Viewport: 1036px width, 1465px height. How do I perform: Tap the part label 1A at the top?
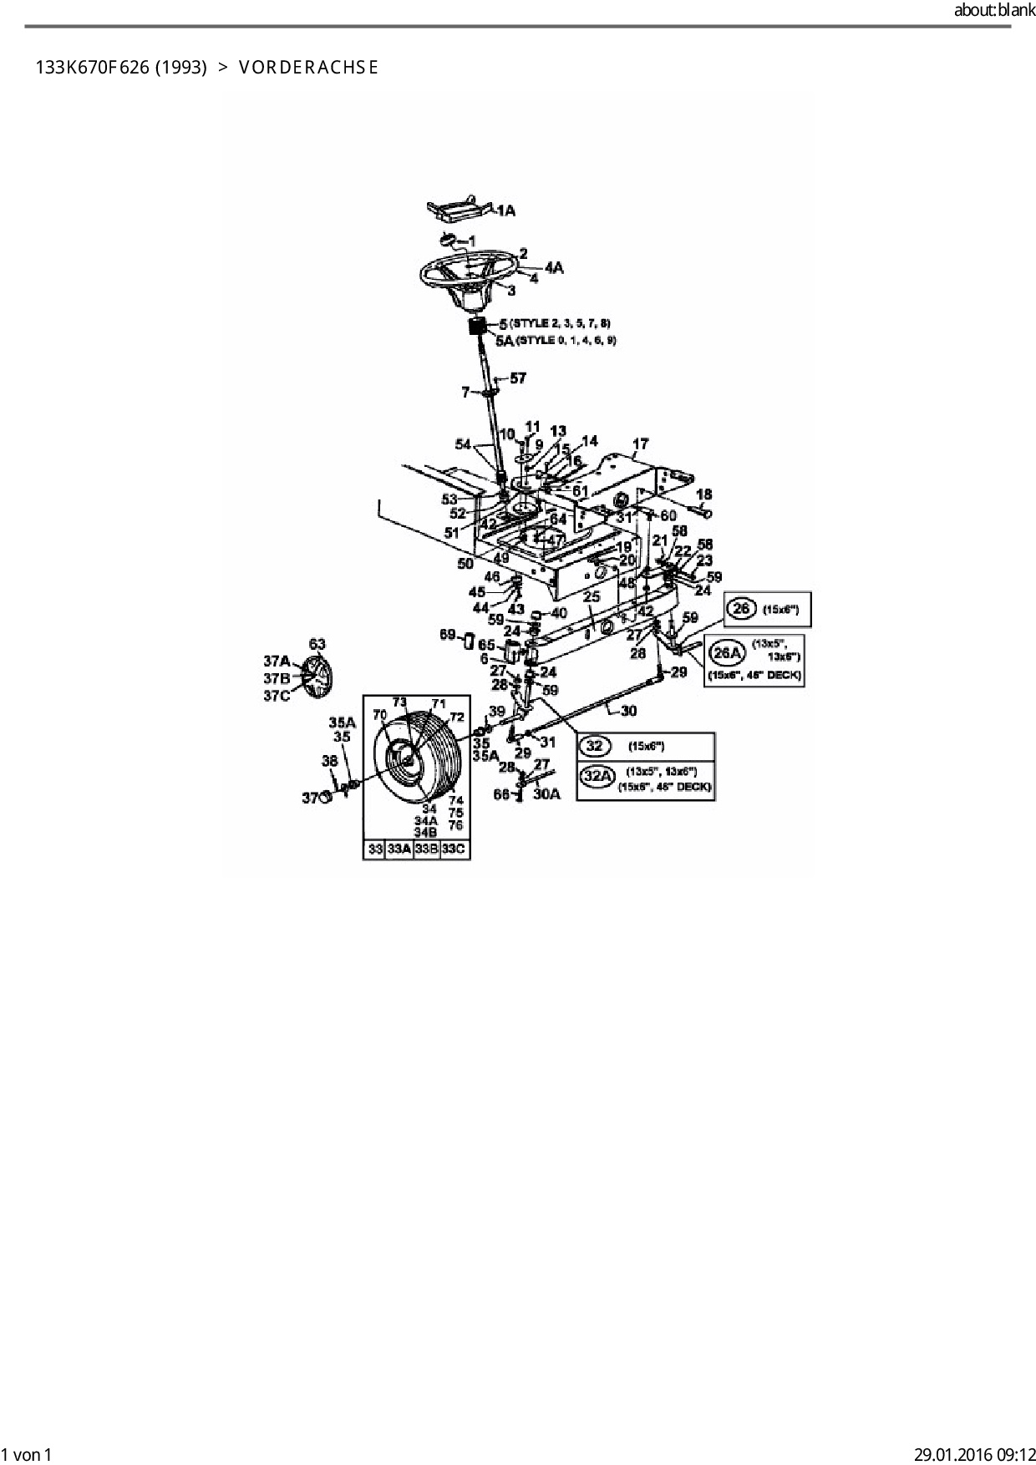(x=505, y=211)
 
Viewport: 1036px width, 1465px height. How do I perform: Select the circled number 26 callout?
(x=741, y=609)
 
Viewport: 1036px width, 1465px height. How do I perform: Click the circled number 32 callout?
(x=595, y=746)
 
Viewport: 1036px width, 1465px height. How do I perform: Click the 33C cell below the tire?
(x=455, y=849)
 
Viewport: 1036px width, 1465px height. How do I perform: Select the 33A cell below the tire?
(x=399, y=849)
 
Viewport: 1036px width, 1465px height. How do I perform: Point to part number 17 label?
(x=640, y=444)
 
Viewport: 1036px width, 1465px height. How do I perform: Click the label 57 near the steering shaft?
(x=518, y=378)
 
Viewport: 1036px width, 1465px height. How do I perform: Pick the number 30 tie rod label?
(x=628, y=711)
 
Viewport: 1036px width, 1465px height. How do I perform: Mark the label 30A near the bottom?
(x=546, y=794)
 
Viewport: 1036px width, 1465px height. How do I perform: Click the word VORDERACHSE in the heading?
(x=308, y=68)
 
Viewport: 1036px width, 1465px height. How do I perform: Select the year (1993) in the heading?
(x=180, y=68)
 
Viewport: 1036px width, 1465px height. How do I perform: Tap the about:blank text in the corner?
(x=994, y=11)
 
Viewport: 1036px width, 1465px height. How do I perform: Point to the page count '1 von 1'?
(x=27, y=1454)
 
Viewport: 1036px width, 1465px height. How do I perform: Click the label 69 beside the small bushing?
(x=448, y=636)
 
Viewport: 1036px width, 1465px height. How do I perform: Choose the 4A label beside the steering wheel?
(x=554, y=267)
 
